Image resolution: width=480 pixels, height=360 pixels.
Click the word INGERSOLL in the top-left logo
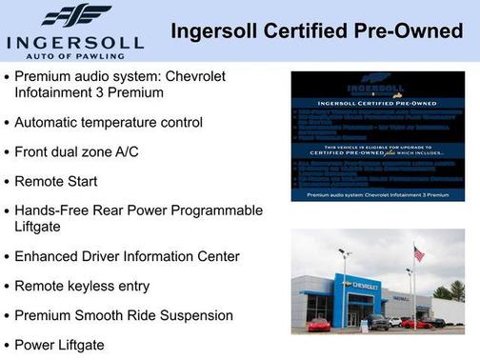coord(74,42)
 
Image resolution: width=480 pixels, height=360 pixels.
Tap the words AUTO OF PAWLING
coord(75,56)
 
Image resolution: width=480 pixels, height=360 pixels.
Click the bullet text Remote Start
coord(55,181)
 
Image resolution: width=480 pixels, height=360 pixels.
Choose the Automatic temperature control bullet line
coord(108,122)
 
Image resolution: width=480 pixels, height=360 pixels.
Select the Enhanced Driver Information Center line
coord(127,256)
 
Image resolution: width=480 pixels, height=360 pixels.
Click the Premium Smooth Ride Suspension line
coord(123,314)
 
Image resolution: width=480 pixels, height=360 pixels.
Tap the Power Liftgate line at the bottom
coord(59,344)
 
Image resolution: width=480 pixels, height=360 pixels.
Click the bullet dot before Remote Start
coord(7,182)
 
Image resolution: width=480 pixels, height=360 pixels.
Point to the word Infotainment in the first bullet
coord(57,92)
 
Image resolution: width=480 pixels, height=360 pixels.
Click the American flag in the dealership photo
coord(418,253)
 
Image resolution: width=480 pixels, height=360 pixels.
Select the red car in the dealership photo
coord(320,324)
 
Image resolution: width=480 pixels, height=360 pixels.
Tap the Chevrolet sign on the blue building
coord(359,285)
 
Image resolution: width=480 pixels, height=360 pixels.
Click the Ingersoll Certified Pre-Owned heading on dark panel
coord(378,105)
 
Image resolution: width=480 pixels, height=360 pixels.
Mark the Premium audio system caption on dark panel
coord(377,194)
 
